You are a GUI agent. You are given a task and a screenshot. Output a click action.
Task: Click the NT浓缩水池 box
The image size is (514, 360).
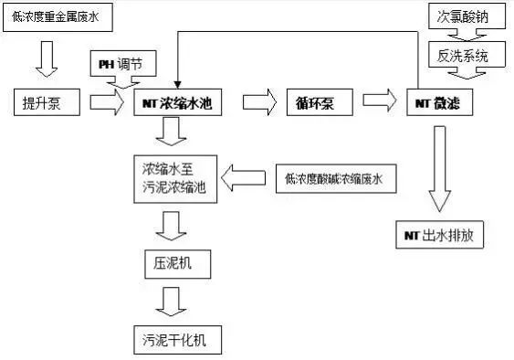point(177,101)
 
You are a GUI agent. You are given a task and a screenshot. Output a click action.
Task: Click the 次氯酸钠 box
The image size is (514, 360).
point(466,17)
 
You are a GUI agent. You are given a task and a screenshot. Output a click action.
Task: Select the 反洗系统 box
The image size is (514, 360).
point(466,55)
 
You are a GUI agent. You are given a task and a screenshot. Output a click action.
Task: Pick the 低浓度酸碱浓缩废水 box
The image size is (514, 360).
point(335,179)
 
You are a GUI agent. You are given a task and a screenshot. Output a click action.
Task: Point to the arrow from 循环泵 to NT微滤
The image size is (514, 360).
point(380,101)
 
